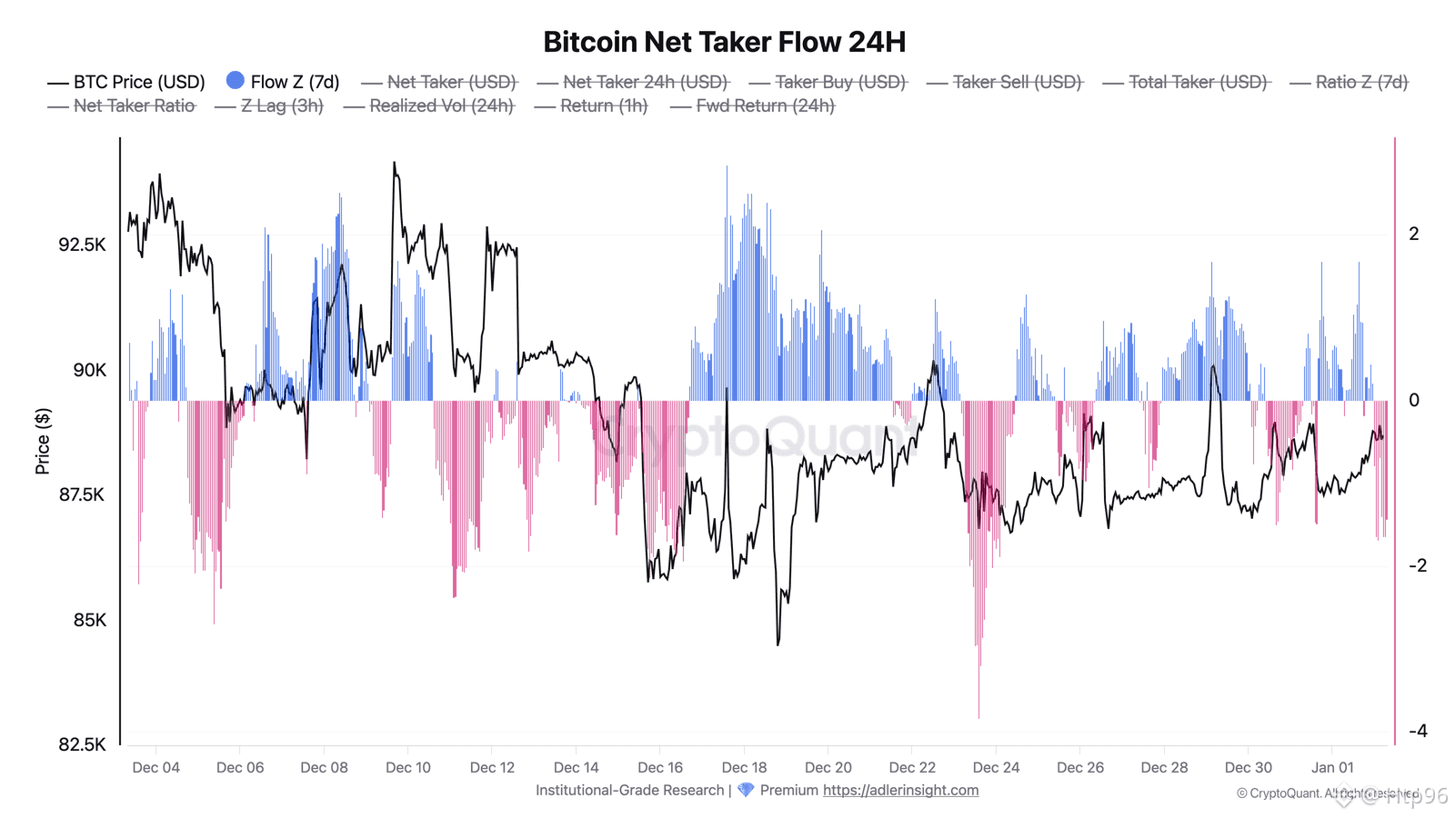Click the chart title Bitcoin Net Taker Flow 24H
[724, 42]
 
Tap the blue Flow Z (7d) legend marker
[236, 81]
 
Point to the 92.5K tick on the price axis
[82, 245]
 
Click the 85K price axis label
[89, 620]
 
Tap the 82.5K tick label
[82, 744]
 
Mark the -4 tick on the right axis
[1417, 731]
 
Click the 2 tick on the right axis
[1413, 234]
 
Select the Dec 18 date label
[744, 767]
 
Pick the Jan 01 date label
[1332, 767]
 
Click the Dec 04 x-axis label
[156, 767]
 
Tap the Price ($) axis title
[42, 442]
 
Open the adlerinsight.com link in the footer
[900, 790]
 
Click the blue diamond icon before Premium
[746, 790]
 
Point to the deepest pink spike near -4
[978, 714]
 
